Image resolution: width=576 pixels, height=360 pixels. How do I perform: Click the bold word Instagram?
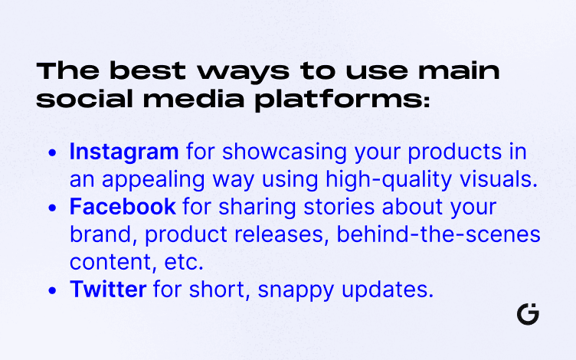124,152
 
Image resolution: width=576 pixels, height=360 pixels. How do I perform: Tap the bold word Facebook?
123,207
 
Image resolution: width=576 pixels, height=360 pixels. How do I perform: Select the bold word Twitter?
108,289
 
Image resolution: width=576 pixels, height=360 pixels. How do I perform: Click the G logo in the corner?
528,314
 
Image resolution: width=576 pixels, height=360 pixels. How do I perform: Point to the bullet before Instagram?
53,153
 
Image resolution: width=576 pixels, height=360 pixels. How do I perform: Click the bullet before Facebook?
53,208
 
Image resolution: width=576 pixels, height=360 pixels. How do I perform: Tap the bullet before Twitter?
53,290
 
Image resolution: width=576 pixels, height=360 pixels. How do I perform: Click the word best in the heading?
148,70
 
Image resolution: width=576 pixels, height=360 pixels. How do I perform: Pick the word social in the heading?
84,99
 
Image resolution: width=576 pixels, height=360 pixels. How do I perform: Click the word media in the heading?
194,99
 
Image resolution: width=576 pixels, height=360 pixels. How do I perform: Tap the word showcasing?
284,152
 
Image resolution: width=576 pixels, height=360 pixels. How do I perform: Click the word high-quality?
388,180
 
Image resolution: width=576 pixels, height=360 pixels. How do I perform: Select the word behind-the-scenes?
438,234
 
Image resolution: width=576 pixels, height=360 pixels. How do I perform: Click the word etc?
184,262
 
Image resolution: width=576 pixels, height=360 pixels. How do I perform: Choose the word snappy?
296,290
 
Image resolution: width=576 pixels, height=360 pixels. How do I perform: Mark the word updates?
388,290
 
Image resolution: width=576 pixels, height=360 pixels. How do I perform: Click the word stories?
339,207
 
